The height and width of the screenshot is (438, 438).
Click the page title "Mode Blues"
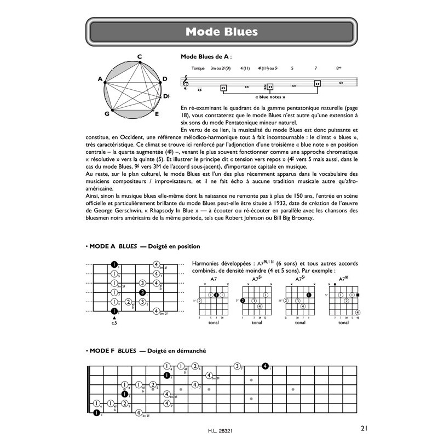click(221, 31)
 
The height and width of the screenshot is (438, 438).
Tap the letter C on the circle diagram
click(140, 56)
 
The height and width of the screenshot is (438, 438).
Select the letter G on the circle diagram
click(107, 113)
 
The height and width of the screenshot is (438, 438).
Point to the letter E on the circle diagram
click(157, 114)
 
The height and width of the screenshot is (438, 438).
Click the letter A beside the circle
click(100, 79)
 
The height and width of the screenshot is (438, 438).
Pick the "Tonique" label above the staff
click(198, 68)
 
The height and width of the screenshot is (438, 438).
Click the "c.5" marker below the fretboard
click(114, 322)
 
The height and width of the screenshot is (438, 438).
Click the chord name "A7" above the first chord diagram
click(214, 279)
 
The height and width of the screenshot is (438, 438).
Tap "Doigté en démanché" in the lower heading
click(175, 350)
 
